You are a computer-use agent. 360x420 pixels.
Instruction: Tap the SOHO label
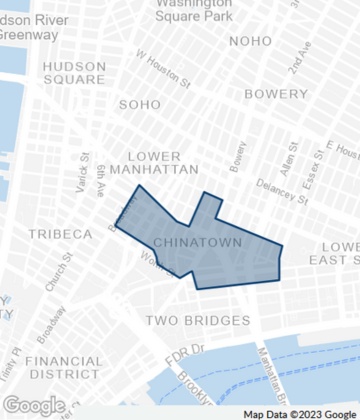(139, 104)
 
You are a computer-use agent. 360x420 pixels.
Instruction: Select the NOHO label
(250, 41)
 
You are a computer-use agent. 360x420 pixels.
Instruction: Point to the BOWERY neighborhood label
(277, 94)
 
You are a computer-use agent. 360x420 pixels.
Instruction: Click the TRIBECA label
(59, 234)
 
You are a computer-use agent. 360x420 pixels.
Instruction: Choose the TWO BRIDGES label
(198, 320)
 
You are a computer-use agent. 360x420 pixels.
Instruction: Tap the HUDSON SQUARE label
(74, 73)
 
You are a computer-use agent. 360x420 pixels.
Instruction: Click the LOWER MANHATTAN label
(154, 163)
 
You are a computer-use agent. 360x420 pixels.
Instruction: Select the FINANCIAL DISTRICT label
(63, 367)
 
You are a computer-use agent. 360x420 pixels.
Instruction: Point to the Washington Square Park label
(194, 10)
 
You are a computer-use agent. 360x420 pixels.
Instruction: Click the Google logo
(34, 405)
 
